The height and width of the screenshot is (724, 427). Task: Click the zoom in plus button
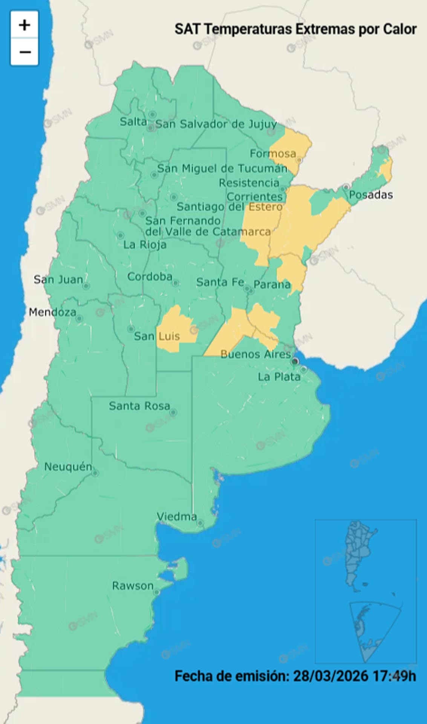point(24,25)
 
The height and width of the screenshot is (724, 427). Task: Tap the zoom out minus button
point(24,52)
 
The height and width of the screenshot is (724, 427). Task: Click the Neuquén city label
point(68,467)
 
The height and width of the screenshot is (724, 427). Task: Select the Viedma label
point(176,517)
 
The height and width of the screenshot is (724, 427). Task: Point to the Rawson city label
point(133,586)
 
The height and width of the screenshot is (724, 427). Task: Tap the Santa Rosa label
point(139,406)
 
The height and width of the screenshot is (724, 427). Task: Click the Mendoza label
point(52,312)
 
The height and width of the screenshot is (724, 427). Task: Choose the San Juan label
point(58,279)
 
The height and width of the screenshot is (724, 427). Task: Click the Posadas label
point(371,195)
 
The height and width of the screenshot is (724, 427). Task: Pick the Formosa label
point(273,153)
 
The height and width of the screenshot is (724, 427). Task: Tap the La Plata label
point(279,377)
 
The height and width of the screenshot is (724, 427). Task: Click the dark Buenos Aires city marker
point(295,361)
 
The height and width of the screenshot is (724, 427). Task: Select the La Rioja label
point(145,245)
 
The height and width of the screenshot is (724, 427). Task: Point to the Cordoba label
point(150,276)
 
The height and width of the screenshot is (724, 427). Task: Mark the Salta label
point(133,121)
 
